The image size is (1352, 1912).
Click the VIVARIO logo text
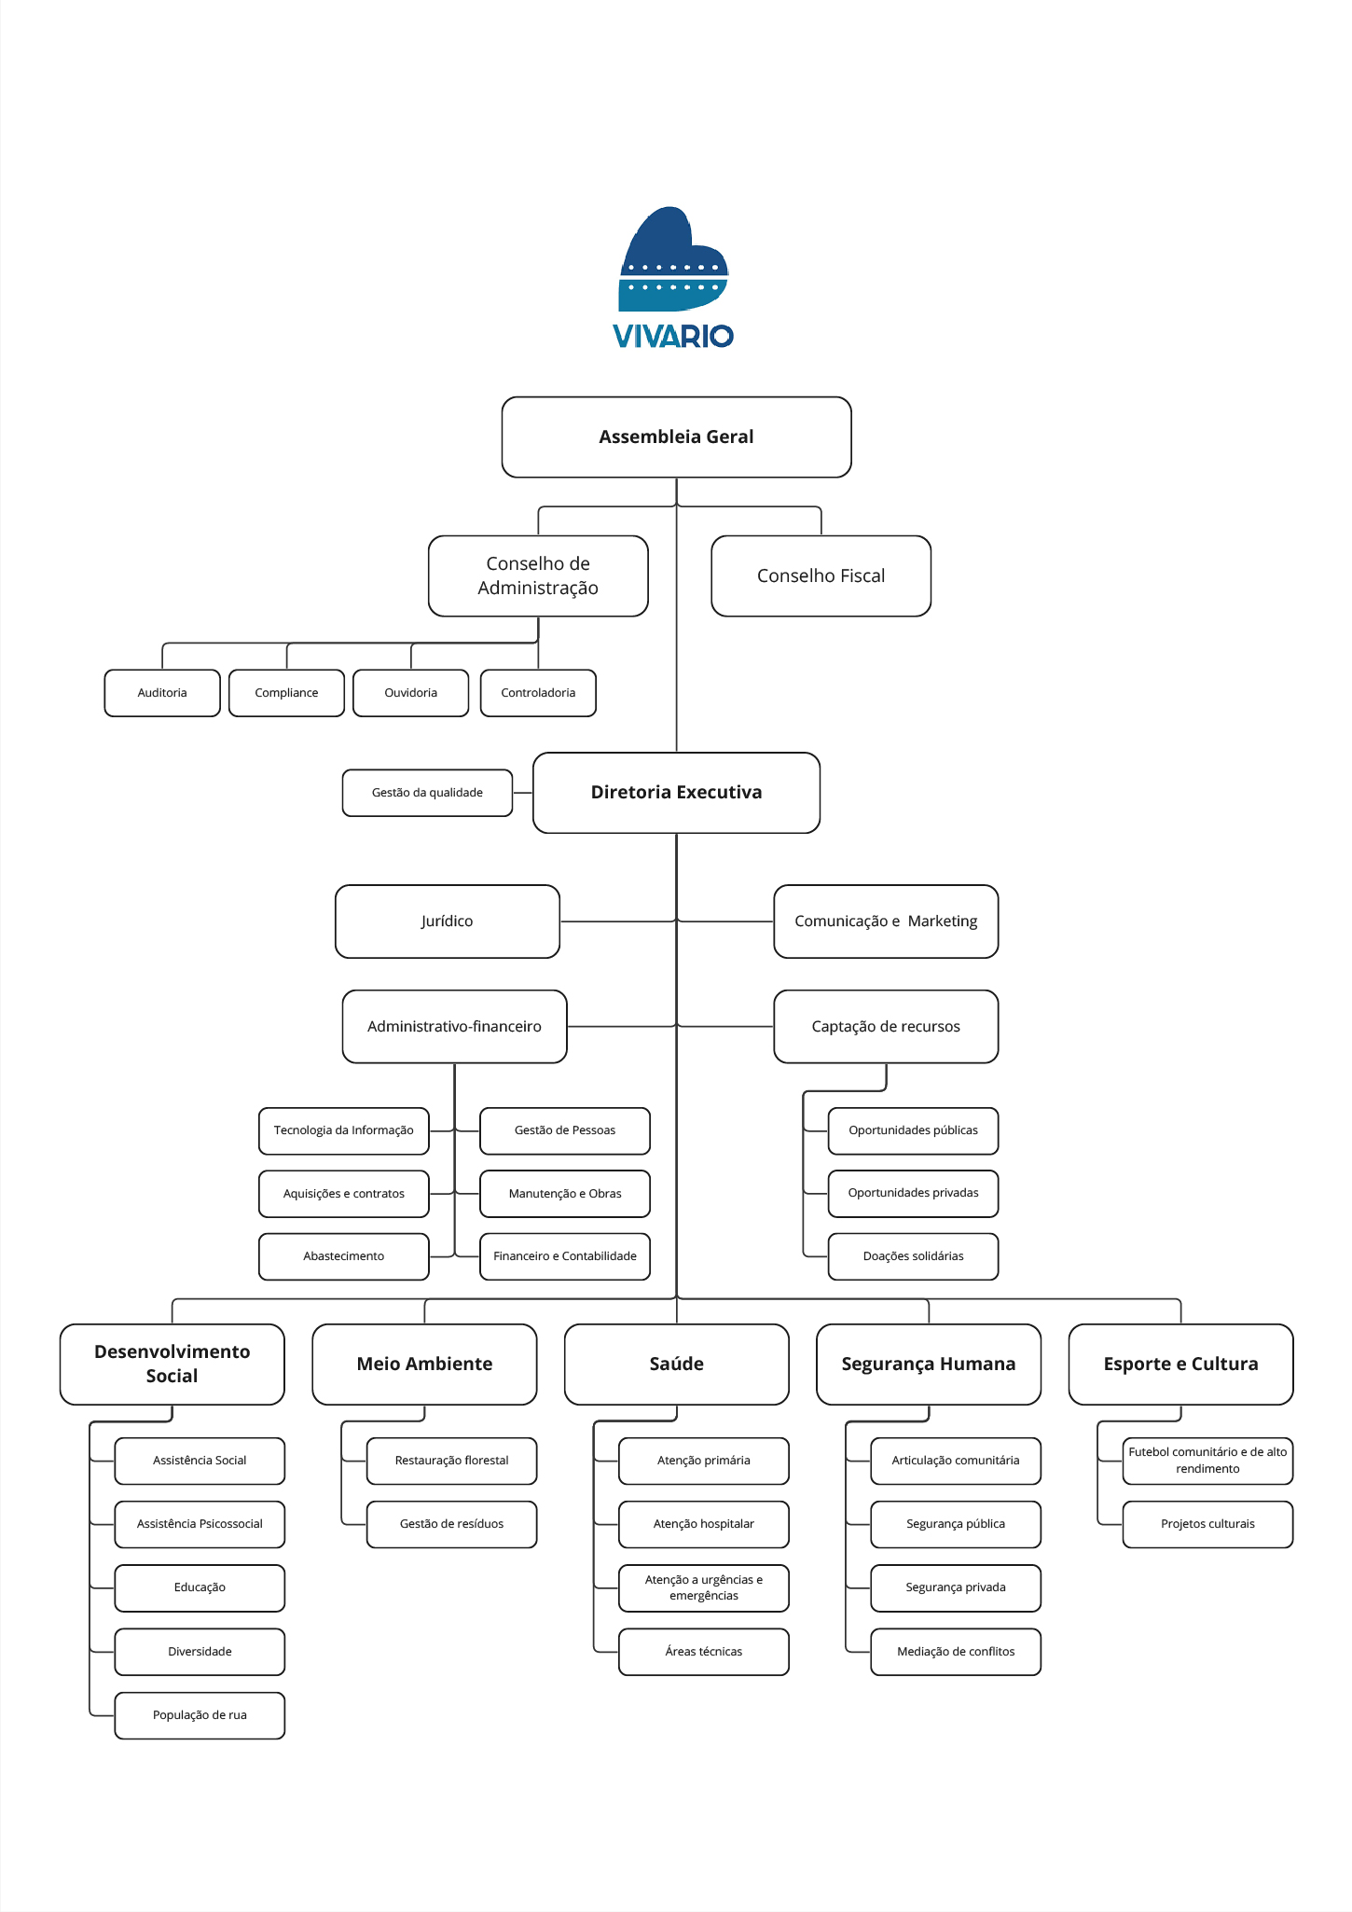(672, 336)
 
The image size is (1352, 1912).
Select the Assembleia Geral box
(676, 437)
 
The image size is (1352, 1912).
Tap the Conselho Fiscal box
(821, 575)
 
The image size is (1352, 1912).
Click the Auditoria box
(162, 693)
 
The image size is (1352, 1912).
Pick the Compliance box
(286, 693)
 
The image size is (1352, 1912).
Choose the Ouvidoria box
(410, 693)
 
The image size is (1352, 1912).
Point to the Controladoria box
(538, 693)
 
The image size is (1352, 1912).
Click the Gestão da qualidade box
(427, 793)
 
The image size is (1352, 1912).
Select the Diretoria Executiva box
(676, 793)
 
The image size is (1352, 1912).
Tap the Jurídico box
(447, 921)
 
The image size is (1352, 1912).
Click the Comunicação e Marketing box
(886, 921)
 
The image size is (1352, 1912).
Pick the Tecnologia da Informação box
(344, 1130)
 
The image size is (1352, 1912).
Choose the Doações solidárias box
(913, 1256)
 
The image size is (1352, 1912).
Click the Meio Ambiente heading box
(424, 1364)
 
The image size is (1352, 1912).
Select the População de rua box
(200, 1715)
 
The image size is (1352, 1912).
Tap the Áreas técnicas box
(704, 1652)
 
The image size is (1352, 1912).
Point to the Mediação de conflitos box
(956, 1652)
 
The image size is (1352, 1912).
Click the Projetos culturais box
(1207, 1524)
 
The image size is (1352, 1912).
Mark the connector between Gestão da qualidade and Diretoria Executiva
(522, 793)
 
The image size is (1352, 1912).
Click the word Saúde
(676, 1364)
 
